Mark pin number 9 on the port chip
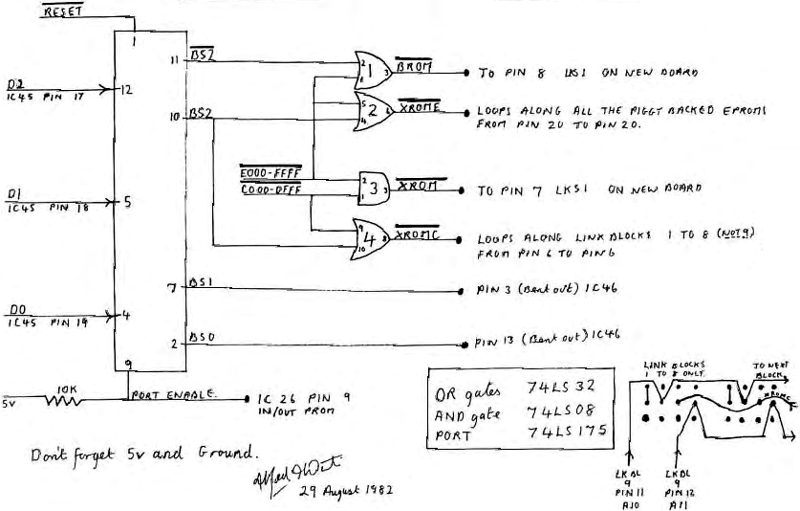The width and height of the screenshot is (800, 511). pos(128,363)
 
